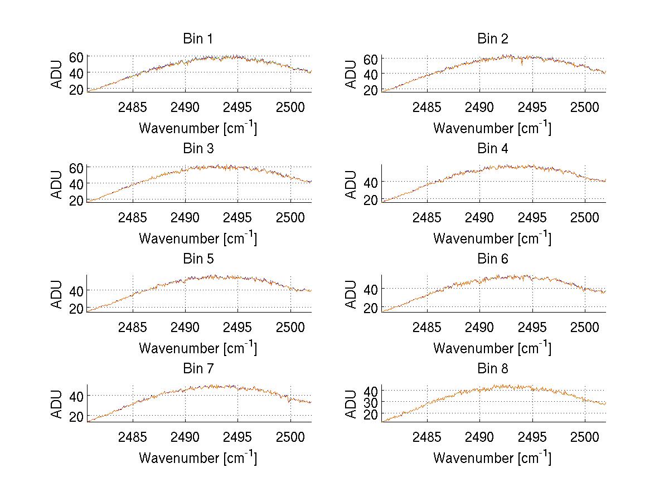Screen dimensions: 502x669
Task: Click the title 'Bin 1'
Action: click(198, 39)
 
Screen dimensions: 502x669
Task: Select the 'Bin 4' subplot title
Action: click(493, 149)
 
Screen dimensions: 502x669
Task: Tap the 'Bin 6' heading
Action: click(493, 259)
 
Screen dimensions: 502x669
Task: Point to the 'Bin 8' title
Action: click(493, 368)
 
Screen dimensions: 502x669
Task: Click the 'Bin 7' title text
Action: click(198, 368)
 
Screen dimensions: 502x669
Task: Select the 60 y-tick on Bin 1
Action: click(76, 57)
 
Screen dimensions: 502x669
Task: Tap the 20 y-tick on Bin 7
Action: click(76, 416)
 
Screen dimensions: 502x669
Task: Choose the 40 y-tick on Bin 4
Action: click(371, 182)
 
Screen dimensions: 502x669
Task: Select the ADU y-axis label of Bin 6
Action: click(352, 294)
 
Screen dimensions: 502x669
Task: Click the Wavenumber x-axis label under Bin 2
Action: click(492, 128)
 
